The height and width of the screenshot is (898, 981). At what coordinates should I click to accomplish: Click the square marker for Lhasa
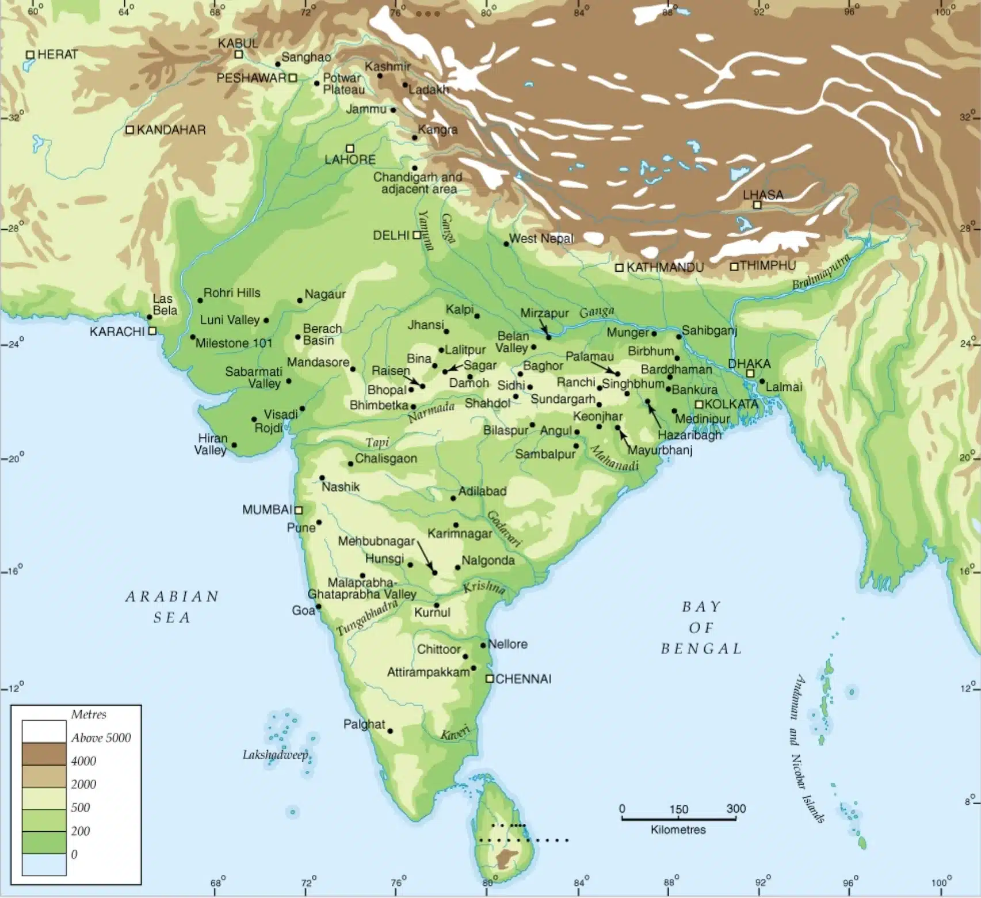pos(757,205)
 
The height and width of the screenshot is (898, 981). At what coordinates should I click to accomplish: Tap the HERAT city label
pos(57,55)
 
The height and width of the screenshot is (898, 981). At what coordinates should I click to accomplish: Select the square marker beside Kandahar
pos(130,130)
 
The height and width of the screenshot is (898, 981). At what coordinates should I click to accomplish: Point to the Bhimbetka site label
pos(379,405)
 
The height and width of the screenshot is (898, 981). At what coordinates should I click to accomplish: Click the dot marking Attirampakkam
pos(474,668)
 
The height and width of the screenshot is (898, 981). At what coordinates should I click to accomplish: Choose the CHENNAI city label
pos(523,679)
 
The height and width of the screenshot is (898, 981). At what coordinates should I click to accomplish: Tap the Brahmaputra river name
pos(820,272)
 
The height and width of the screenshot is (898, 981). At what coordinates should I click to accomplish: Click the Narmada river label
pos(431,412)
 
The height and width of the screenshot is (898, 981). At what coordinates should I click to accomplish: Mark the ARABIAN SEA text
pos(172,607)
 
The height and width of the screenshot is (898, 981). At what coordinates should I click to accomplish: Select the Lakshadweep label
pos(275,755)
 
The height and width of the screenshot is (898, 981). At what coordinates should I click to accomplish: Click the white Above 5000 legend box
pos(44,731)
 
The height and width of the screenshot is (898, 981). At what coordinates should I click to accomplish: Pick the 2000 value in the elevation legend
pos(83,784)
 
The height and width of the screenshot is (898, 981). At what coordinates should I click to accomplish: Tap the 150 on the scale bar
pos(678,809)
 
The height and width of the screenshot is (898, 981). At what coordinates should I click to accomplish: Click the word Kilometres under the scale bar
pos(678,829)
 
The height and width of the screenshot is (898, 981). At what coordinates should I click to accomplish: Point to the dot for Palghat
pos(390,731)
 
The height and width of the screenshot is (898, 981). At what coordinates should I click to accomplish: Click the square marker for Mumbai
pos(299,510)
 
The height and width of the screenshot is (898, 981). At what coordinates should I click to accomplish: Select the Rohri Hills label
pos(231,293)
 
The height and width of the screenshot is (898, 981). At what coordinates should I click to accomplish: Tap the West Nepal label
pos(541,238)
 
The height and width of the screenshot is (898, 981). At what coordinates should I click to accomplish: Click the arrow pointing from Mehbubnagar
pos(426,556)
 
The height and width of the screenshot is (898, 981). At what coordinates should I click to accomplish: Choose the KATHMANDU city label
pos(665,268)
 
